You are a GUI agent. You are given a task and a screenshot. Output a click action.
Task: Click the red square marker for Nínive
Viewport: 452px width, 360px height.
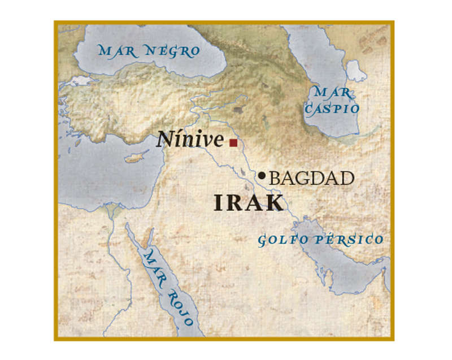(233, 144)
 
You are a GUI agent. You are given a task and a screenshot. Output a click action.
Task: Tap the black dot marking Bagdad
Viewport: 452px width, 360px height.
(262, 176)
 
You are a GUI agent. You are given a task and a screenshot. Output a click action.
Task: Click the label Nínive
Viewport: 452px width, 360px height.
(190, 140)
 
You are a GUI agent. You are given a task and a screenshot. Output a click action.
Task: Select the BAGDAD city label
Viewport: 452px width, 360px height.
(312, 179)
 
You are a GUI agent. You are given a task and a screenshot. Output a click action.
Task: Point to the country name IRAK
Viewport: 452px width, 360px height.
(249, 203)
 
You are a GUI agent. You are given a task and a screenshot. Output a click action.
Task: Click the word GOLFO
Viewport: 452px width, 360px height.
(284, 240)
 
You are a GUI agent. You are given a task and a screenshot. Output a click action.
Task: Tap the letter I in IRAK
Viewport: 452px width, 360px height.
(219, 203)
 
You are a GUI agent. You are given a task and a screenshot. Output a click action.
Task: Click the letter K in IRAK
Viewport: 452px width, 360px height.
(275, 203)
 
